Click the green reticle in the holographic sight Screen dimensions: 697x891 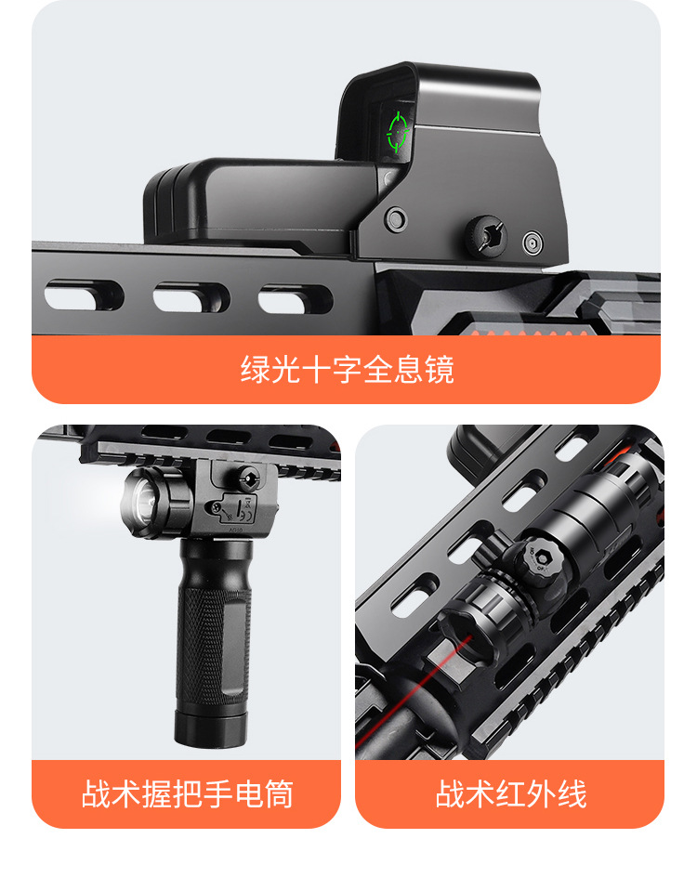point(398,132)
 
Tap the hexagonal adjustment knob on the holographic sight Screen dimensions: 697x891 point(485,235)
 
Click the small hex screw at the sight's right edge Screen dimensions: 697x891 point(533,242)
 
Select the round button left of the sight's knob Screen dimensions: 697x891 point(395,218)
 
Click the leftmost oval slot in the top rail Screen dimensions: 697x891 point(84,295)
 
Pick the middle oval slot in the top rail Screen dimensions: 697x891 point(191,297)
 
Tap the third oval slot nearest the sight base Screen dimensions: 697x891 point(296,299)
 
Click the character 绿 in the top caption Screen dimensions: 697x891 point(256,370)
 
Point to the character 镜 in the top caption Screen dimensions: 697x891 point(440,370)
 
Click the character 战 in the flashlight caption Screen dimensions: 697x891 point(96,793)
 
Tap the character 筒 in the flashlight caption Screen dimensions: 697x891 point(279,793)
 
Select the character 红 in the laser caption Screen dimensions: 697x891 point(510,793)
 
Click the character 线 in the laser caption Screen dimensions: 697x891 point(572,793)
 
